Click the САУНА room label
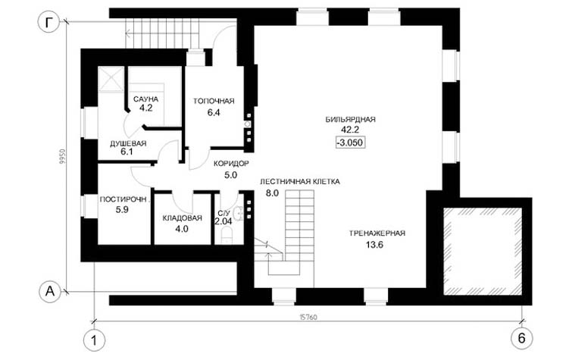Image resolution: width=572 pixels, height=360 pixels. coord(145,99)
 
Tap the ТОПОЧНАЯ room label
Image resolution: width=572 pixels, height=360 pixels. coord(214,101)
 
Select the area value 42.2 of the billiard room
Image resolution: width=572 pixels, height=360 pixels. coord(350,130)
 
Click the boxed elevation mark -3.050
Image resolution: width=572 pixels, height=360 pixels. coord(351,142)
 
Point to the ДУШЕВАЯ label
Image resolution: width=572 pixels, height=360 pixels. coord(128,143)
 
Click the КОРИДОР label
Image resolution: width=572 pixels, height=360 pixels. coord(231,164)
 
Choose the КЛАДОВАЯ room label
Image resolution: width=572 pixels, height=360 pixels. coord(182,218)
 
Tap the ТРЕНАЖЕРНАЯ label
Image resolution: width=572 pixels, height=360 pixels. coord(377,233)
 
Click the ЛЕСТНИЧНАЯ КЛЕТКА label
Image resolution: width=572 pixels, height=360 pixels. coord(299,181)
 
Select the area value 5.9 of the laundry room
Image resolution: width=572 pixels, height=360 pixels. coord(122,210)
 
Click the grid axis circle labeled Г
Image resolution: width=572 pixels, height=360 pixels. coord(48,23)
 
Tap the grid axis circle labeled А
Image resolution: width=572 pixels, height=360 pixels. coord(50,291)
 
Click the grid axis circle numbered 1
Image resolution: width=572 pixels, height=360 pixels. coord(95,340)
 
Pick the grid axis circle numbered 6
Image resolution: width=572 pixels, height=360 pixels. coord(522,339)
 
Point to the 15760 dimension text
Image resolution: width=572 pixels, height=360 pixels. coord(308,318)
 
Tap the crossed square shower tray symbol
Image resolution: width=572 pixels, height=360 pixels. coord(110,78)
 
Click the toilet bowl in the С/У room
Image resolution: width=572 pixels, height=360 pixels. coord(227,235)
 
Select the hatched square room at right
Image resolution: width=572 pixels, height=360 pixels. coord(483,252)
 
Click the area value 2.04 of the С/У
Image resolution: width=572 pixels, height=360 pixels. coord(223,221)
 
